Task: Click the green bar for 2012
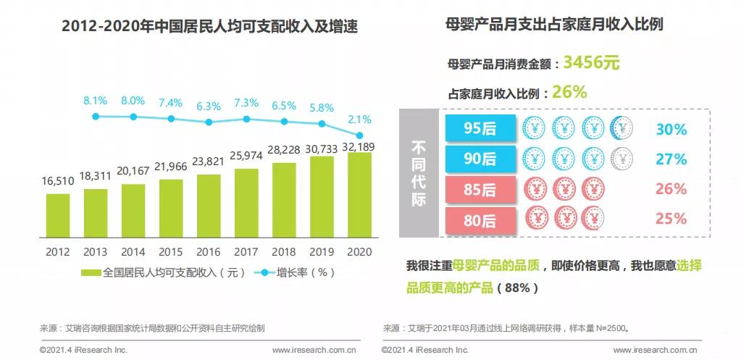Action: [58, 215]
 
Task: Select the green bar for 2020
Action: [360, 195]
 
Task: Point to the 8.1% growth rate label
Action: [96, 101]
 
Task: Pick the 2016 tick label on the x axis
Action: [209, 252]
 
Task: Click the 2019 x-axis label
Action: [322, 252]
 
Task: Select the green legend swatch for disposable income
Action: [91, 273]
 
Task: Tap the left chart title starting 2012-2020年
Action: [210, 28]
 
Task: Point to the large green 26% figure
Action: [569, 92]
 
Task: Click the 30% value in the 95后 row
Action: [670, 130]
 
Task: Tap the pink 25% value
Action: [670, 218]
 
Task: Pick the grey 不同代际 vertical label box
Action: [419, 174]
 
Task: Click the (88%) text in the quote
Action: [518, 288]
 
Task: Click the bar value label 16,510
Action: [58, 181]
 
